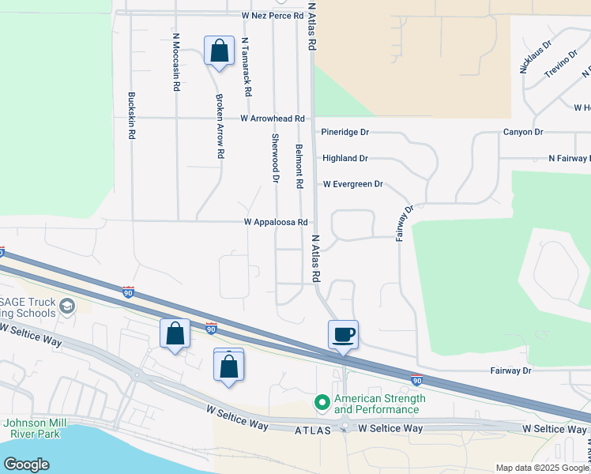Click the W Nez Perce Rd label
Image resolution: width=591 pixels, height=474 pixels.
[273, 16]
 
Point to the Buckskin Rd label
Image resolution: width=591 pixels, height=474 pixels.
[131, 116]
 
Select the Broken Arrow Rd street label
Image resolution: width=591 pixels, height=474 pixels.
[220, 127]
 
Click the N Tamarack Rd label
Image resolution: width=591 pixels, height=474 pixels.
[247, 67]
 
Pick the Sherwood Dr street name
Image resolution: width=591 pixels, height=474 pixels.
[276, 158]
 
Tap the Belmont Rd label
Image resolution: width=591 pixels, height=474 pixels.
[299, 166]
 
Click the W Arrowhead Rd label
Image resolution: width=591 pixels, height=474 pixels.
[273, 118]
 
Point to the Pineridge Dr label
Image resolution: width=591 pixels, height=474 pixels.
[345, 133]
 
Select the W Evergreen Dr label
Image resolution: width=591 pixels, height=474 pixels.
[352, 184]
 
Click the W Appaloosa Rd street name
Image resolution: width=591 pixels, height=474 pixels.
[275, 223]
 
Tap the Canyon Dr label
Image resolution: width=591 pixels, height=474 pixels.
[523, 132]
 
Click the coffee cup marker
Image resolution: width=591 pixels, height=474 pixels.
[344, 334]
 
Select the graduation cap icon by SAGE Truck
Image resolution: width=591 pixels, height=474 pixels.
[67, 306]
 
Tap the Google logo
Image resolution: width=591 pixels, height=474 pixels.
[27, 465]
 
